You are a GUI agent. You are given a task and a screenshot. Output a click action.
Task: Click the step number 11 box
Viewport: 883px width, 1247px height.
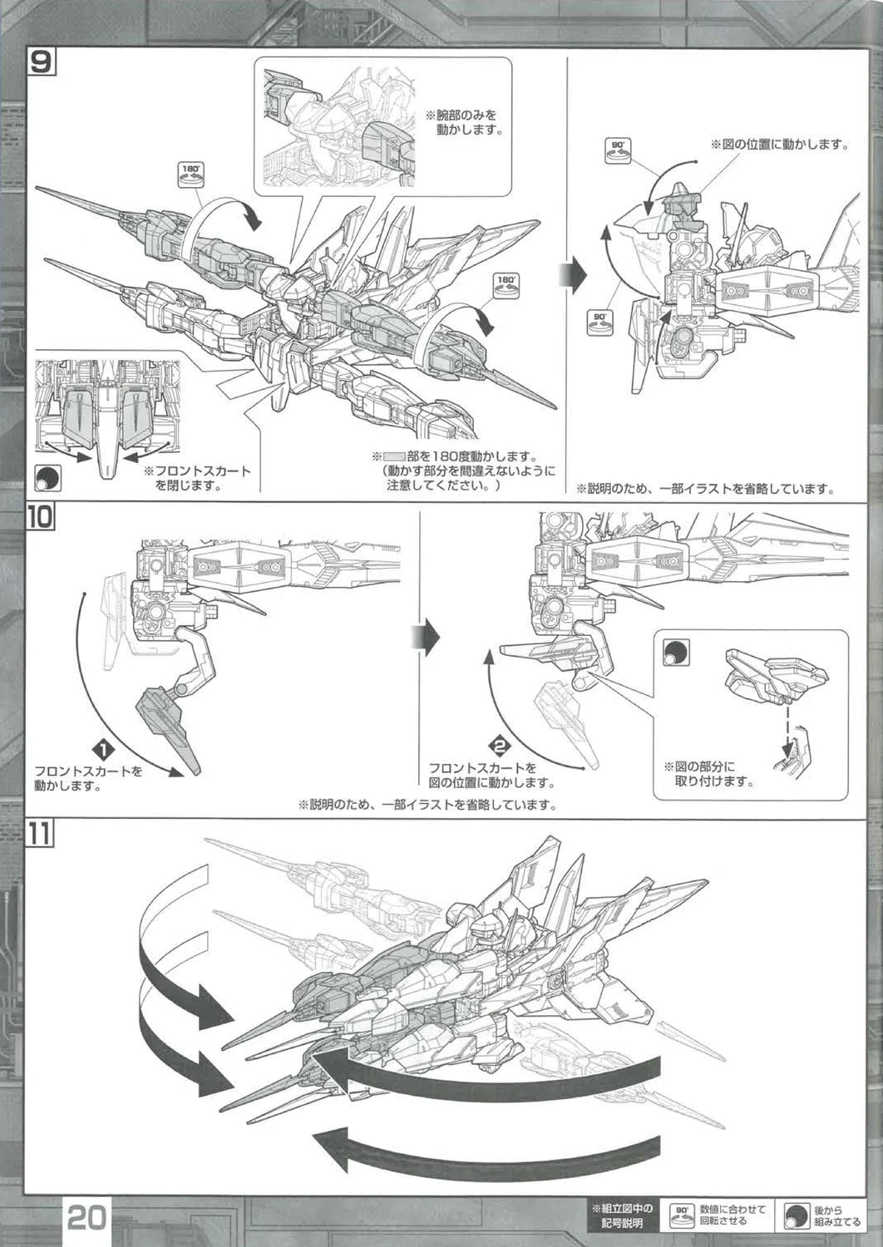click(41, 834)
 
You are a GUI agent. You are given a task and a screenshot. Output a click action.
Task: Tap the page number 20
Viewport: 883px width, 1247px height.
click(86, 1219)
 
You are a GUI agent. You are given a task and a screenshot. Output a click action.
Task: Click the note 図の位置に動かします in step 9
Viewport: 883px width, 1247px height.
click(778, 145)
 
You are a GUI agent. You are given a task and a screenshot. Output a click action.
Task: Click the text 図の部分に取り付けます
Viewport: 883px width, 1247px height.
click(709, 774)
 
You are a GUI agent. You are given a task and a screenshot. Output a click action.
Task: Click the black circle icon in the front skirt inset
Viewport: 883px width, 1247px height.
click(47, 478)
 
